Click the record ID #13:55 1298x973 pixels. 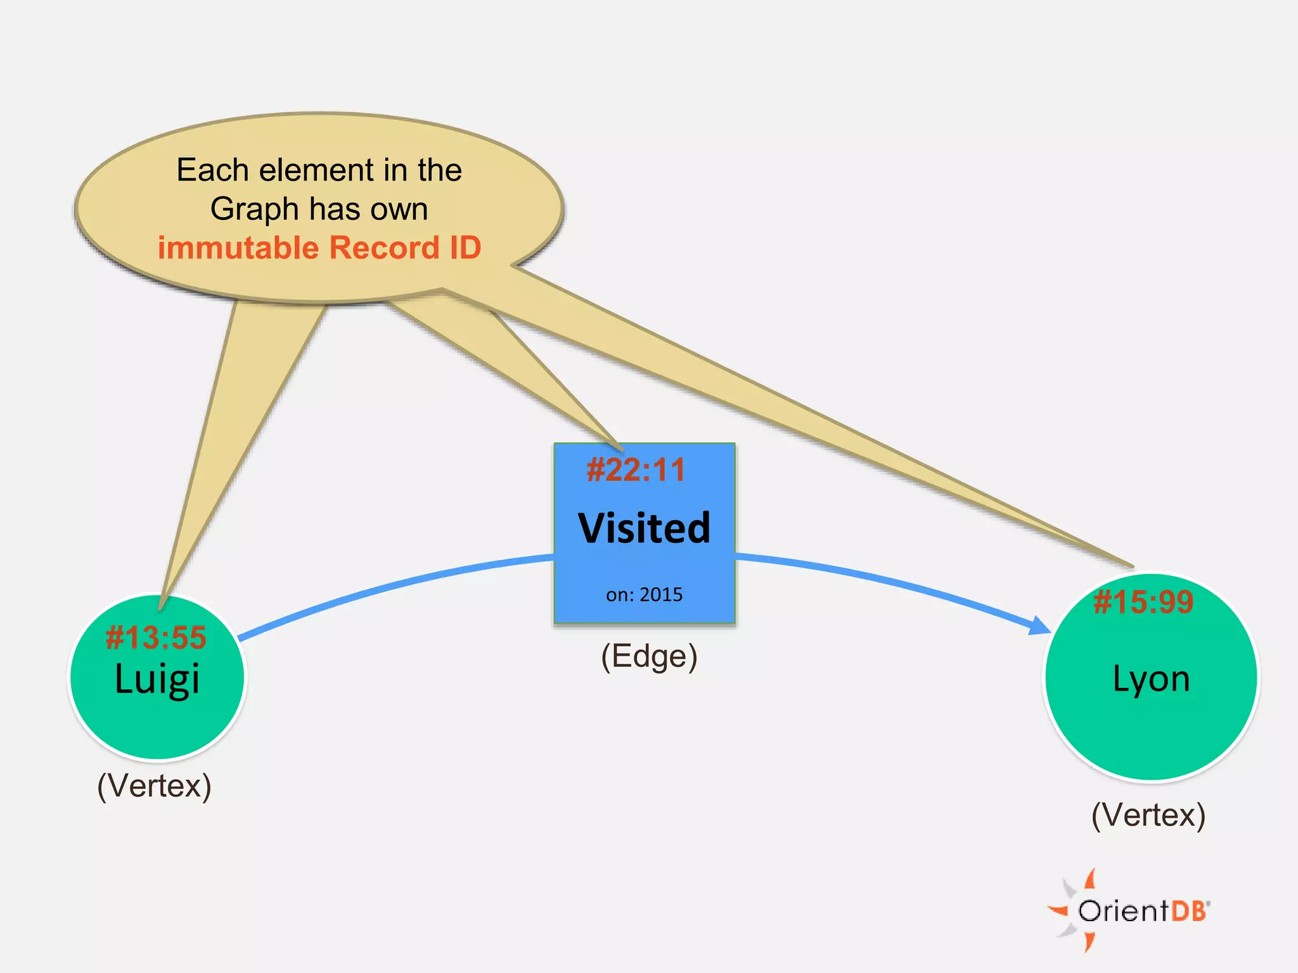tap(156, 637)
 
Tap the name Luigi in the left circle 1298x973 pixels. tap(157, 679)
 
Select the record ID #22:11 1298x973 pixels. tap(636, 470)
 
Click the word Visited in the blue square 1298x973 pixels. tap(644, 528)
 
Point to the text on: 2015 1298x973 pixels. tap(644, 595)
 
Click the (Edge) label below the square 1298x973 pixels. tap(649, 656)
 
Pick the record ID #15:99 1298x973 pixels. tap(1143, 602)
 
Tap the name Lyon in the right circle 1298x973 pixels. tap(1151, 679)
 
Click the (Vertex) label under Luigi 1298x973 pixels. tap(154, 786)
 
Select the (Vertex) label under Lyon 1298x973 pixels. tap(1148, 815)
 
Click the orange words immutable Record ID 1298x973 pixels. tap(319, 248)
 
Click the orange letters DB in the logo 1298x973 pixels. tap(1188, 912)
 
